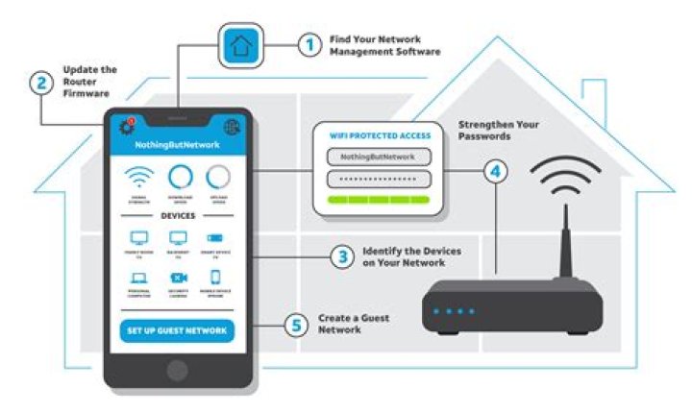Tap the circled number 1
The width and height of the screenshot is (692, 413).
pos(309,44)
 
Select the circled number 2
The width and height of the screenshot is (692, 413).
pos(41,83)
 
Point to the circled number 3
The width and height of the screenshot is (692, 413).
pos(342,256)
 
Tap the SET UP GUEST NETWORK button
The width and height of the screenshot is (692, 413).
pos(179,331)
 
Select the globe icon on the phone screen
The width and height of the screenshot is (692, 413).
pos(232,127)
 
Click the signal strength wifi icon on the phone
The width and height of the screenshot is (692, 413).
pos(139,178)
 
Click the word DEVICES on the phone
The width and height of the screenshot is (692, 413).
pos(178,216)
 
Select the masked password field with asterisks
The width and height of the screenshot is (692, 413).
pos(378,179)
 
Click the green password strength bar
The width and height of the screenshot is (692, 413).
pos(378,200)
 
